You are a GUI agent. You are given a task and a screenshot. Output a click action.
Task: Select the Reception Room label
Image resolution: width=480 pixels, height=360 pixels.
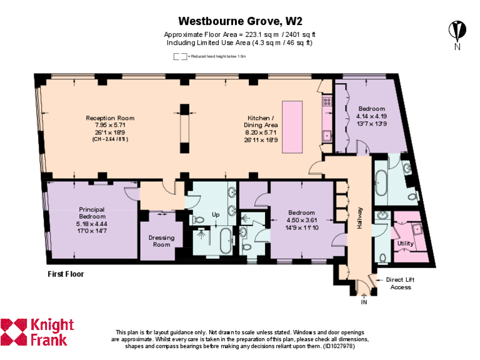[110, 118]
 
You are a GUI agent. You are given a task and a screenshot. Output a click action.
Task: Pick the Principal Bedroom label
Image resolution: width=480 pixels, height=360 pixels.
[91, 212]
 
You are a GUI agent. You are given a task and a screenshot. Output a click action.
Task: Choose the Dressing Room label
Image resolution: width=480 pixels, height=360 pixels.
[161, 241]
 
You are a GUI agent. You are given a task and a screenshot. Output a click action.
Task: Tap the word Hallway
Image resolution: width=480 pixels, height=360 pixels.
[360, 218]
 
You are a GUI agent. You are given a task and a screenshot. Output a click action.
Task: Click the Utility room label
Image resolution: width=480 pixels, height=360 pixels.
[406, 244]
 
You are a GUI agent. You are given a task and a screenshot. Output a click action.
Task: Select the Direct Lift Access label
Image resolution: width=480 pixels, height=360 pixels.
[401, 284]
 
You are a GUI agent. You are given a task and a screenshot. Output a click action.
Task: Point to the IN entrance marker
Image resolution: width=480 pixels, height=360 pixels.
[364, 302]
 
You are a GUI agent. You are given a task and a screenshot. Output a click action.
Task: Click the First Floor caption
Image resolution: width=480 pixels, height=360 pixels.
[66, 274]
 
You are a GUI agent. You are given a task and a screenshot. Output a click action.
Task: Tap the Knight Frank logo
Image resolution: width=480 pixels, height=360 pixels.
[37, 332]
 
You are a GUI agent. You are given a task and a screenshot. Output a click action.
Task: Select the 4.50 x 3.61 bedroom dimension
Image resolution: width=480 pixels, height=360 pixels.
[302, 220]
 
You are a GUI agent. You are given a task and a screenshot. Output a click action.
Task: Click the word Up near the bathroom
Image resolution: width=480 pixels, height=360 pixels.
[216, 214]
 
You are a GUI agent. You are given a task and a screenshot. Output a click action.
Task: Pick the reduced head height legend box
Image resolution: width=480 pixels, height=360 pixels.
[180, 56]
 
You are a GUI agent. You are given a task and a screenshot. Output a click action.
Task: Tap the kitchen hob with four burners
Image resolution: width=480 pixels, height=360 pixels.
[326, 101]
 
